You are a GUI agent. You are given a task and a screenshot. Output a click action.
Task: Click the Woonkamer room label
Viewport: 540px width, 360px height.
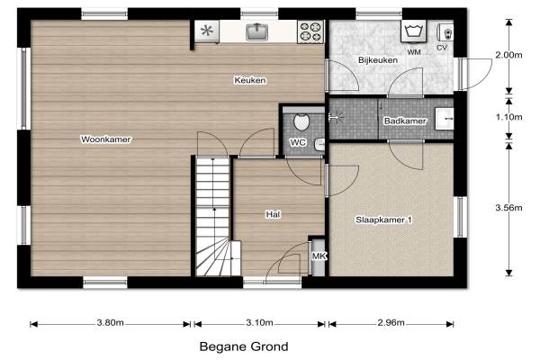click(x=105, y=139)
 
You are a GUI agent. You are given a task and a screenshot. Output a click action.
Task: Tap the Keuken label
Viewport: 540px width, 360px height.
click(x=250, y=80)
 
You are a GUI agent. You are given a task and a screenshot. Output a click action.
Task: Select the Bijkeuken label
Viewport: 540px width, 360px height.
click(x=378, y=60)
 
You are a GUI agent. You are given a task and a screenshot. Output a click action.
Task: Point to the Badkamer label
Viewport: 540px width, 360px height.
click(x=405, y=121)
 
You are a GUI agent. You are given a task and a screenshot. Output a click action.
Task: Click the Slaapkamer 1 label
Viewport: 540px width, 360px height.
click(x=383, y=220)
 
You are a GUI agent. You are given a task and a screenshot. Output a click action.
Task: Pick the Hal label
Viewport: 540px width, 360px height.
click(x=273, y=214)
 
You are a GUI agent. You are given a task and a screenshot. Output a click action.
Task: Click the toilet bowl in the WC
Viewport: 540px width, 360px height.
click(x=301, y=122)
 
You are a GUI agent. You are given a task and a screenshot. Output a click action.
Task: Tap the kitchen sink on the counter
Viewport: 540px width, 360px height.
click(x=256, y=31)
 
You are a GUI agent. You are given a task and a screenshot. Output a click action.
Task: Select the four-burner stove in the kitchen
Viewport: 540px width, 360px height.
click(x=310, y=31)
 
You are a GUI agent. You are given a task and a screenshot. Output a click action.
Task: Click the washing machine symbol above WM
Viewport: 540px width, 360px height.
click(x=413, y=31)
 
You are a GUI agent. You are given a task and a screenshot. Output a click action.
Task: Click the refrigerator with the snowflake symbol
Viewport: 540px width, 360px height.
click(x=207, y=31)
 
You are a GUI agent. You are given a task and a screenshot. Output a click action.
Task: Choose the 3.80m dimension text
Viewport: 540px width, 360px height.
click(x=110, y=323)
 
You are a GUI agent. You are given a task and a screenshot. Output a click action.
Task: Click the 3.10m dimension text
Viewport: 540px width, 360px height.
click(x=259, y=323)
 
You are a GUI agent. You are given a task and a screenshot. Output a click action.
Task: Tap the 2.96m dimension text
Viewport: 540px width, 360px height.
click(x=391, y=323)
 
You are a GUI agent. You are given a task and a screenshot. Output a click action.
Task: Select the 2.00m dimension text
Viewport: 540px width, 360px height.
click(x=508, y=55)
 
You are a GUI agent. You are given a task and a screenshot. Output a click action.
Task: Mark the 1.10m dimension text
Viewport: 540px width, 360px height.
click(x=508, y=117)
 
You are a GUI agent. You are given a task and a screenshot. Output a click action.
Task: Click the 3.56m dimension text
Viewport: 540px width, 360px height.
click(x=508, y=208)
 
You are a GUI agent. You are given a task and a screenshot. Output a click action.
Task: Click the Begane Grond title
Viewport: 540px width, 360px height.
click(x=244, y=346)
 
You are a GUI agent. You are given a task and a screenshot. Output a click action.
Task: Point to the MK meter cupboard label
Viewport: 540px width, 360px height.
click(x=319, y=256)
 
